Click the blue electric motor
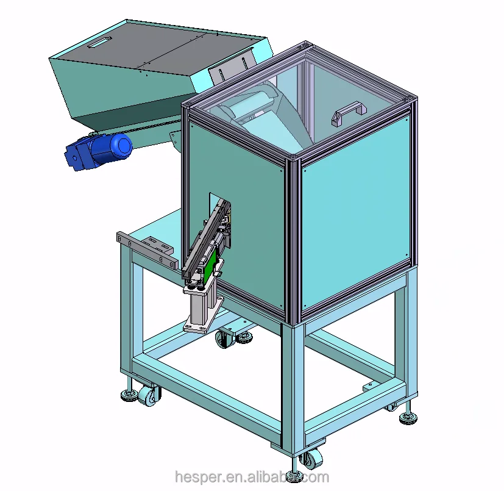tap(101, 151)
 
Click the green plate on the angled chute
tap(211, 264)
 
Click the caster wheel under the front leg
tap(313, 459)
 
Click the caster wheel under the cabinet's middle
tap(225, 339)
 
